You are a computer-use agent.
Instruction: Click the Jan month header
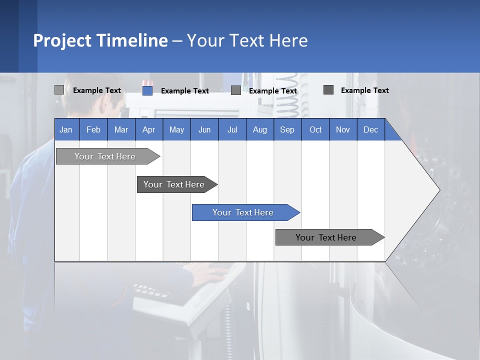(66, 129)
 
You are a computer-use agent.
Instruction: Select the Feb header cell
(93, 129)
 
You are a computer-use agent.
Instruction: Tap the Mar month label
(121, 129)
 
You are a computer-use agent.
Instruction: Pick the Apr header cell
(149, 129)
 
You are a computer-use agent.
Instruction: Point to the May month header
(176, 129)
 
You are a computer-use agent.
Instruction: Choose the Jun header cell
(204, 129)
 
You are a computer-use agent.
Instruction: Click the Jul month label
(232, 129)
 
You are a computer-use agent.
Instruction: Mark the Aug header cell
(260, 129)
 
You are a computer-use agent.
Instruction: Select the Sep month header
(287, 129)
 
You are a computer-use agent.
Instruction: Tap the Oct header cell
(315, 129)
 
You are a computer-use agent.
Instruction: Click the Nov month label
(343, 129)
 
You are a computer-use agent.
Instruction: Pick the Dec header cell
(371, 129)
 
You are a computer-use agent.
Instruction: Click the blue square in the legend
(147, 90)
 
